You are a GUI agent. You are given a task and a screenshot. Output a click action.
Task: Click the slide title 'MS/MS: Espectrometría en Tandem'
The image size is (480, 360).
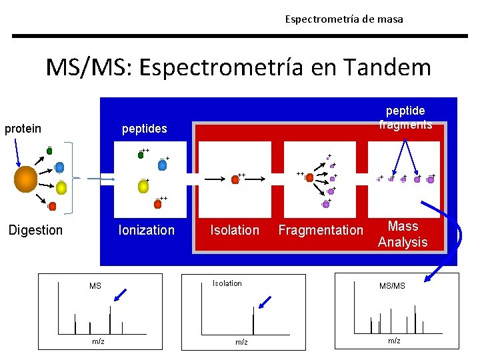pos(238,67)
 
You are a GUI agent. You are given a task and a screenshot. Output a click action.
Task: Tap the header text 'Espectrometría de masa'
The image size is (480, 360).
pos(344,19)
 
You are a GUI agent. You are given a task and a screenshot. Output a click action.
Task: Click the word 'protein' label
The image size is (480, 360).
pos(23,129)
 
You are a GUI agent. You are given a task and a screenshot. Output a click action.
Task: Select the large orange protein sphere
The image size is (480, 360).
pos(26,179)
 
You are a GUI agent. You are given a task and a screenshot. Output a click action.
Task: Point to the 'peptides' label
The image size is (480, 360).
pos(144,128)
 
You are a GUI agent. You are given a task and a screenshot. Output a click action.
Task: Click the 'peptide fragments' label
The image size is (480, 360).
pos(405,117)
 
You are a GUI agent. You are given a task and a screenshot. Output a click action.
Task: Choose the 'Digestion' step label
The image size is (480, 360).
pos(35,230)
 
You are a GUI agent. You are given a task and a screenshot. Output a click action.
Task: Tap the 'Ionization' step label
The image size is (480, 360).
pos(146,230)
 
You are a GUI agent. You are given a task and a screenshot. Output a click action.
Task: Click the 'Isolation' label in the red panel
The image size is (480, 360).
pos(235,230)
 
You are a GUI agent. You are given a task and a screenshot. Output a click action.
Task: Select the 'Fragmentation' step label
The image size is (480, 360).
pos(321,230)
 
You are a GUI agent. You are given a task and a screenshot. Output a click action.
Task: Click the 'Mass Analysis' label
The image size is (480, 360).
pos(403,234)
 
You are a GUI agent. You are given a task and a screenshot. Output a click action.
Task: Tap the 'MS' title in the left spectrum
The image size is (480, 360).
pos(95,286)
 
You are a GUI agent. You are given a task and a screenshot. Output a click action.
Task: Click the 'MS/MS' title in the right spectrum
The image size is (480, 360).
pos(392,286)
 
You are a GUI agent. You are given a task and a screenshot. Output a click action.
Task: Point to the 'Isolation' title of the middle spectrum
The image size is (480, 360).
pos(227,283)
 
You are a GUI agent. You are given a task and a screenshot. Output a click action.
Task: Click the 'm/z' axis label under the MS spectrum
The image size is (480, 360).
pos(98,341)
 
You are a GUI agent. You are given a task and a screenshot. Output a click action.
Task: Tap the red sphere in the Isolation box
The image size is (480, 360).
pos(235,179)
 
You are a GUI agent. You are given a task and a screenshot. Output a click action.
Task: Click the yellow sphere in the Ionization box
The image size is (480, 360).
pos(143,187)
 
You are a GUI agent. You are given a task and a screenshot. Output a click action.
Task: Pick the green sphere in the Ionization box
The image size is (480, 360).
pos(141,155)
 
